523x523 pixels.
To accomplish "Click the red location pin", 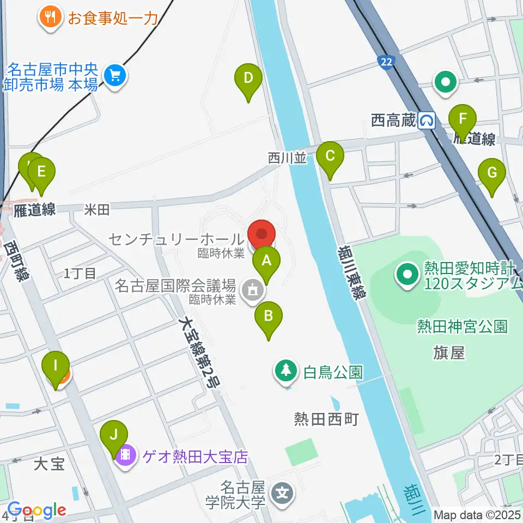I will point(262,235).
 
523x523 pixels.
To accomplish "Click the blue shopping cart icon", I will point(115,75).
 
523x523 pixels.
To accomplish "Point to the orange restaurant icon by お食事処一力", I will point(50,18).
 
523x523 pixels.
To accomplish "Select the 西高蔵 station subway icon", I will point(427,120).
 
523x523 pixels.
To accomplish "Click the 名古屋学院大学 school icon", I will point(284,494).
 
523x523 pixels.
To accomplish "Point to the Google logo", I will point(37,510).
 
